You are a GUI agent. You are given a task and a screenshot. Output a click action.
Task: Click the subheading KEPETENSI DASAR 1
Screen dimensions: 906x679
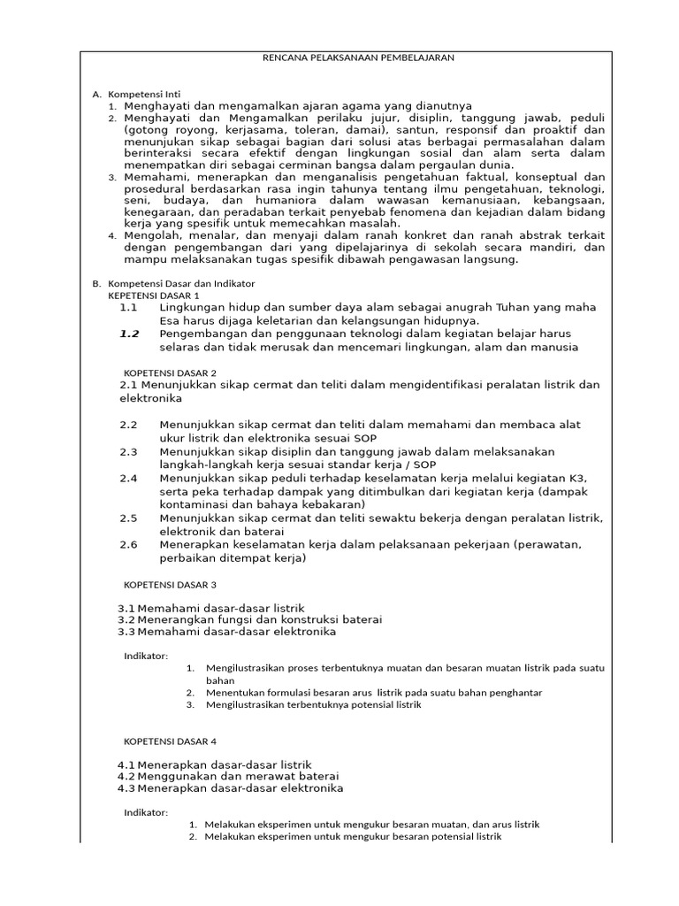pyautogui.click(x=154, y=295)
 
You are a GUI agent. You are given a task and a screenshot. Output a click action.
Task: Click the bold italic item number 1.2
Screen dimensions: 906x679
pyautogui.click(x=129, y=334)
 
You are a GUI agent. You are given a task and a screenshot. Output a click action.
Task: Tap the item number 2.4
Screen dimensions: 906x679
pyautogui.click(x=129, y=478)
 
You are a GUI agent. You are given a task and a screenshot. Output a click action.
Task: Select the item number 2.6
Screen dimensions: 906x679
pyautogui.click(x=129, y=544)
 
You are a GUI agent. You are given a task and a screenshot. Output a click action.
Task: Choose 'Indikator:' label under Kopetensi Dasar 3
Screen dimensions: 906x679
pyautogui.click(x=145, y=656)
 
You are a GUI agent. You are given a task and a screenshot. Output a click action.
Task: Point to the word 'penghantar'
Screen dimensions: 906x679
pyautogui.click(x=512, y=692)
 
